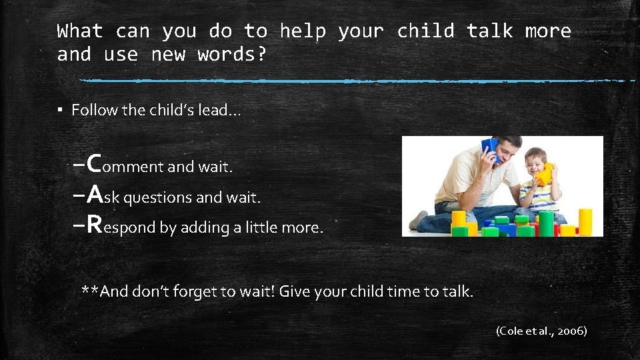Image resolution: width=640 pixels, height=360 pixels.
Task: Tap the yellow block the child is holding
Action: (x=545, y=174)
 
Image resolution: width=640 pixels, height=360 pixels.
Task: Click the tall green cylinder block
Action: (x=546, y=223)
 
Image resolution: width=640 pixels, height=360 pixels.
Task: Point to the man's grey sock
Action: (x=419, y=219)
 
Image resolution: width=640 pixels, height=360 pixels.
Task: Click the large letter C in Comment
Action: (x=94, y=162)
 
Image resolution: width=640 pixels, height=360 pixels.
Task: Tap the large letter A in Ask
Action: (x=95, y=193)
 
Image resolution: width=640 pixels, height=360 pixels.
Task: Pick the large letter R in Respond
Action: (x=94, y=225)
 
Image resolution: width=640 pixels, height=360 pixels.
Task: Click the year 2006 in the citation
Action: (x=571, y=330)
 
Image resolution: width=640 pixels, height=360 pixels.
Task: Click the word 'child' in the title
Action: (x=425, y=31)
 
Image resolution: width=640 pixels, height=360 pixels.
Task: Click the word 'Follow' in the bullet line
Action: (x=93, y=110)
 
